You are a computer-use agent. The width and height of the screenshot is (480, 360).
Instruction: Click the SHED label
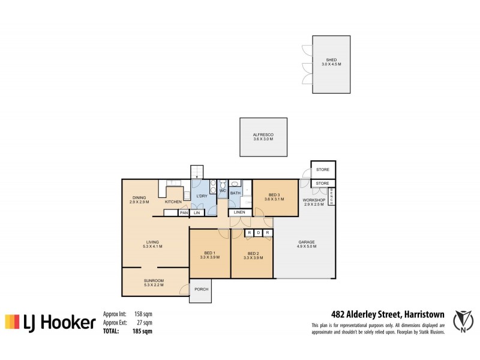pyautogui.click(x=331, y=61)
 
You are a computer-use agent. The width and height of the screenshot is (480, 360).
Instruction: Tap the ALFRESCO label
pyautogui.click(x=263, y=135)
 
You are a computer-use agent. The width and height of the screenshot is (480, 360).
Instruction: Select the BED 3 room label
pyautogui.click(x=275, y=195)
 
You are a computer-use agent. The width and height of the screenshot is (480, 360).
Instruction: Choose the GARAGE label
pyautogui.click(x=307, y=242)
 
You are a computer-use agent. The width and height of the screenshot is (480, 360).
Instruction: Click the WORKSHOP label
pyautogui.click(x=313, y=200)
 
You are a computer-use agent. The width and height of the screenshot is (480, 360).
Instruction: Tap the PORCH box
pyautogui.click(x=201, y=289)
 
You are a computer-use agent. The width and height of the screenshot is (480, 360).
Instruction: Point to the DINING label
pyautogui.click(x=139, y=198)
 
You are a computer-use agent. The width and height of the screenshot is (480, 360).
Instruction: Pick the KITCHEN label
pyautogui.click(x=173, y=202)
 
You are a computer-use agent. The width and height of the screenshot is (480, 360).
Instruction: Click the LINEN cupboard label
pyautogui.click(x=239, y=212)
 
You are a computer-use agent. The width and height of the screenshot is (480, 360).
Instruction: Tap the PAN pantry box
pyautogui.click(x=184, y=212)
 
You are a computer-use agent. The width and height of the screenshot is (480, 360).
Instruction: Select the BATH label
pyautogui.click(x=235, y=193)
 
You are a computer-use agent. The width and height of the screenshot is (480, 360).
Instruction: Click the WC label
pyautogui.click(x=222, y=191)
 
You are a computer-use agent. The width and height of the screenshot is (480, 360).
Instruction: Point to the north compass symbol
pyautogui.click(x=461, y=321)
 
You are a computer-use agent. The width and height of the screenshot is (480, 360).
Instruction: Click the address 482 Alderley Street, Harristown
pyautogui.click(x=388, y=313)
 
